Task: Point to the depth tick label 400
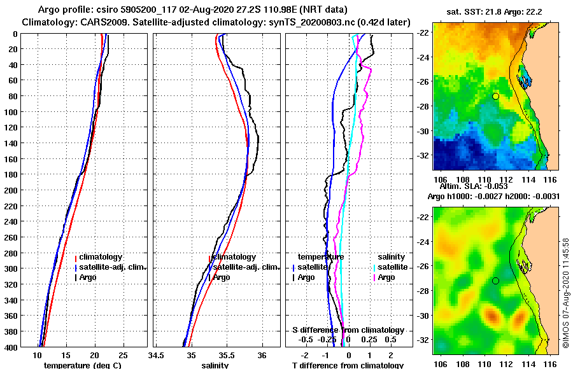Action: (x=11, y=347)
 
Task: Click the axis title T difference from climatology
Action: (x=348, y=365)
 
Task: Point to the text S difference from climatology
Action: (x=348, y=330)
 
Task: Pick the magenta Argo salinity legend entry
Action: (x=386, y=277)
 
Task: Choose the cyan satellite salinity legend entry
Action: (x=391, y=267)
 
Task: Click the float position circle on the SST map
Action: (x=495, y=96)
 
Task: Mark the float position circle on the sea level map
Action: (x=495, y=281)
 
